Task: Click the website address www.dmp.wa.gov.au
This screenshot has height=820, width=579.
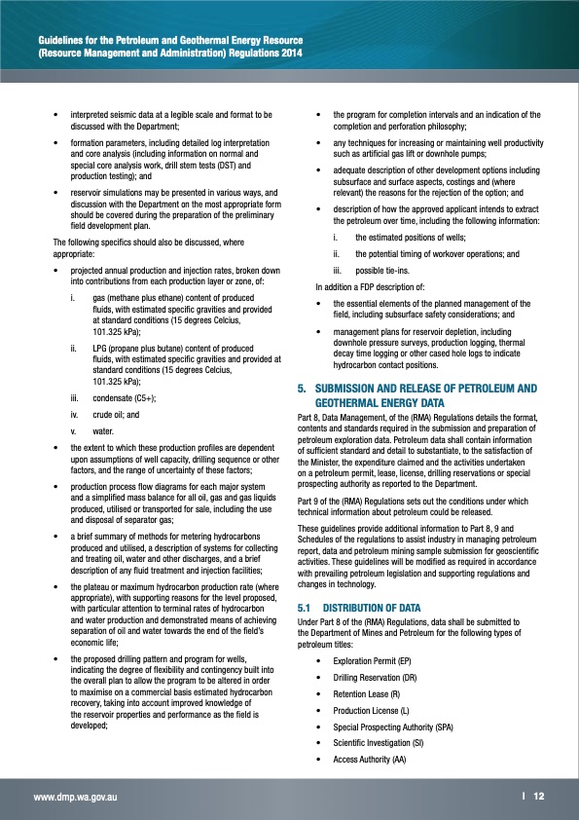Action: click(x=76, y=797)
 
